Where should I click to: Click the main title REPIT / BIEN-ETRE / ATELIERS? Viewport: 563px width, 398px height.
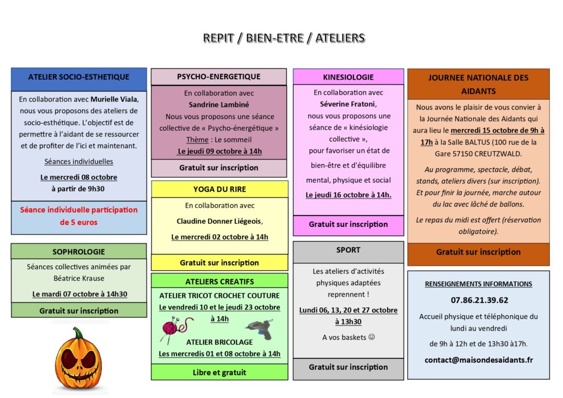pyautogui.click(x=284, y=38)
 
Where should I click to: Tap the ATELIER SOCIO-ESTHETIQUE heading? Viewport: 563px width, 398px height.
pyautogui.click(x=79, y=77)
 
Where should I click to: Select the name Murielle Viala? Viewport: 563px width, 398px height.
pyautogui.click(x=115, y=99)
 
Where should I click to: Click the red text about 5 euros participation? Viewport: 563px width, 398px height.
pyautogui.click(x=79, y=215)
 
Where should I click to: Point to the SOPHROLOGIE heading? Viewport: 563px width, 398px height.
pyautogui.click(x=79, y=252)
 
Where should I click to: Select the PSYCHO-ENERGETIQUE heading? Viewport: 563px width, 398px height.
pyautogui.click(x=219, y=76)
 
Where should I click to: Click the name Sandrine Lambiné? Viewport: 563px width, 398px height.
pyautogui.click(x=219, y=104)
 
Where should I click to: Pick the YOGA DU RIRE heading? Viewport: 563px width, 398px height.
pyautogui.click(x=219, y=189)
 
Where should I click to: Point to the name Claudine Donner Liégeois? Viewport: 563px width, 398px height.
pyautogui.click(x=219, y=221)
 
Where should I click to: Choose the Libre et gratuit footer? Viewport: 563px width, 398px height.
pyautogui.click(x=219, y=372)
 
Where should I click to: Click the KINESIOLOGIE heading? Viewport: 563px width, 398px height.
pyautogui.click(x=349, y=77)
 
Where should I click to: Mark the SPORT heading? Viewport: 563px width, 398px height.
pyautogui.click(x=348, y=250)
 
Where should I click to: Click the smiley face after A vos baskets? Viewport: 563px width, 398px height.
pyautogui.click(x=371, y=337)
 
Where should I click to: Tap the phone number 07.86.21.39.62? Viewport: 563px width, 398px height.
pyautogui.click(x=478, y=300)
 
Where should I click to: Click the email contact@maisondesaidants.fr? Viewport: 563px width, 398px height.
pyautogui.click(x=478, y=360)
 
